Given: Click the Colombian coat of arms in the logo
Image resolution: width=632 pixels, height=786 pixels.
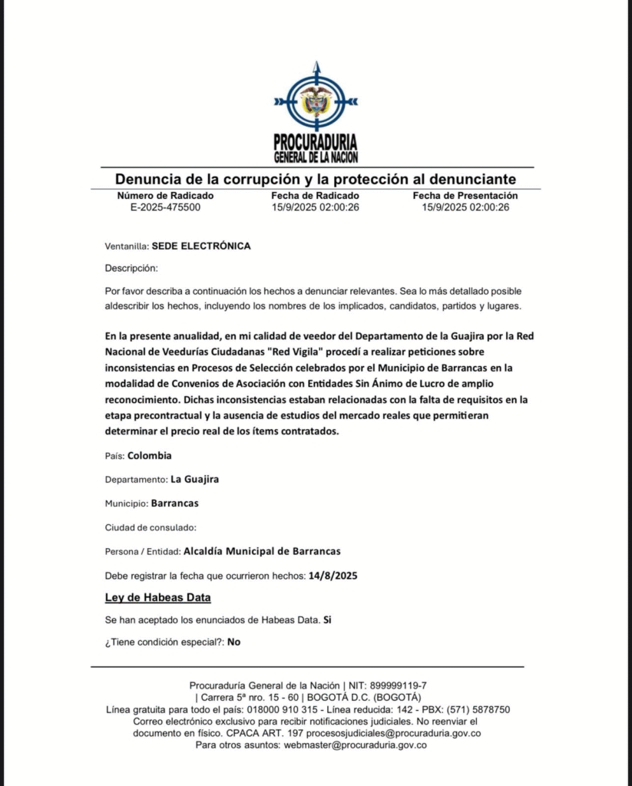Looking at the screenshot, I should (x=316, y=101).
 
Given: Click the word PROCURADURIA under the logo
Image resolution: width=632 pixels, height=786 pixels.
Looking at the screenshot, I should (x=316, y=143).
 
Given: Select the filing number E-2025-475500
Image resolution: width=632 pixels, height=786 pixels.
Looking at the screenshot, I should (x=165, y=207).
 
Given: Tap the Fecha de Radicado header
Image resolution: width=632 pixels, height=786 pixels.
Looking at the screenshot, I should (x=316, y=196).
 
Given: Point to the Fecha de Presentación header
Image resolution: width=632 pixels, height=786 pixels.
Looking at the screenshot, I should (x=465, y=196).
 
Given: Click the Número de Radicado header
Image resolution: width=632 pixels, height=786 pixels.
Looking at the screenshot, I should (x=165, y=196).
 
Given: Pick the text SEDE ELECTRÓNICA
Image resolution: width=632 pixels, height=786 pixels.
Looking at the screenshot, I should (x=201, y=246).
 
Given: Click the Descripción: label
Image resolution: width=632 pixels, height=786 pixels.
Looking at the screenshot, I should (x=131, y=269).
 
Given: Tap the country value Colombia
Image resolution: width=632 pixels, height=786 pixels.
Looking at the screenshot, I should (x=150, y=455).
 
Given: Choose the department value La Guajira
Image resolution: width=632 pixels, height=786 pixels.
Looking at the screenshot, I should (x=195, y=479).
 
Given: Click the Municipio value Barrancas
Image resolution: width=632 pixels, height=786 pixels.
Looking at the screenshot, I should (x=175, y=503).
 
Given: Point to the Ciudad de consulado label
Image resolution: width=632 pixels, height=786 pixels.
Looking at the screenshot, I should (x=151, y=527).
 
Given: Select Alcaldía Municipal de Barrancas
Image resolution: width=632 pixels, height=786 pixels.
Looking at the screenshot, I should (x=262, y=551).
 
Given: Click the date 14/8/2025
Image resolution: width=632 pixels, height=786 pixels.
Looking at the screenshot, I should (x=333, y=575).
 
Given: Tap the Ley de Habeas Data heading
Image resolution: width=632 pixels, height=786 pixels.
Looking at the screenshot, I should (x=157, y=597).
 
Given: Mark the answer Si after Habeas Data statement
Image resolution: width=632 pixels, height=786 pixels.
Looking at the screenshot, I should (x=327, y=619).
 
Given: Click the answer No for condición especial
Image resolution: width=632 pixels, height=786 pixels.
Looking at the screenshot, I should (x=233, y=642).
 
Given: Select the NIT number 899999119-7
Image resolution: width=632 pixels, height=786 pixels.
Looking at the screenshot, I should (x=399, y=685).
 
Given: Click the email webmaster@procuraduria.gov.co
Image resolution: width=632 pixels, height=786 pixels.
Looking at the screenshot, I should (x=356, y=745).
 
